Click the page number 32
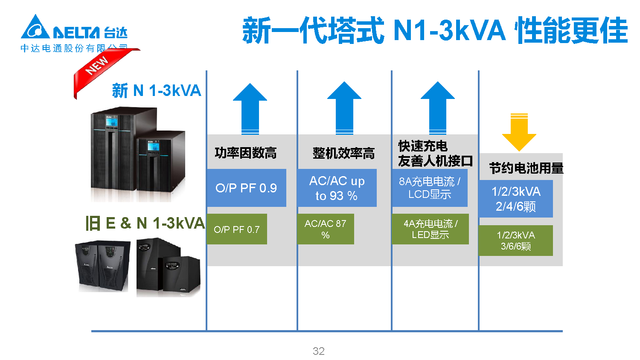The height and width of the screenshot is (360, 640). tap(319, 351)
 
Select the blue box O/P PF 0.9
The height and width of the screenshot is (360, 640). tap(246, 188)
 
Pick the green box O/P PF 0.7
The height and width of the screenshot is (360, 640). tap(237, 229)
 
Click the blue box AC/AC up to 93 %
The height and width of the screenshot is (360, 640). tap(337, 188)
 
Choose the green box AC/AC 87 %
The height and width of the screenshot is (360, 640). tap(326, 229)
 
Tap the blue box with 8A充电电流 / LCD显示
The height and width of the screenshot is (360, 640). tap(430, 188)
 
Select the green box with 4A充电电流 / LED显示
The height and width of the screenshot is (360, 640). tap(430, 229)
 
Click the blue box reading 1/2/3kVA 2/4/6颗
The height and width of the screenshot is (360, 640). tap(515, 199)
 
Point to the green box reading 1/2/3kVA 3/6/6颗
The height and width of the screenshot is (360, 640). tap(515, 241)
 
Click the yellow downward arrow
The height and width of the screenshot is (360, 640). tap(519, 132)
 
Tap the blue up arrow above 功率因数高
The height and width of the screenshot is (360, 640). tap(250, 108)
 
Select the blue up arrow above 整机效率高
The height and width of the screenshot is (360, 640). tap(344, 108)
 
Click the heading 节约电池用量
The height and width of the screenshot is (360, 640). tap(526, 168)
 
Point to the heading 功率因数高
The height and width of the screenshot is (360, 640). tap(245, 153)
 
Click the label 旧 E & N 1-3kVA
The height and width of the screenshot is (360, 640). tap(145, 223)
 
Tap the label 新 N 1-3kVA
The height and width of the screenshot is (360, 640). tap(157, 90)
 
